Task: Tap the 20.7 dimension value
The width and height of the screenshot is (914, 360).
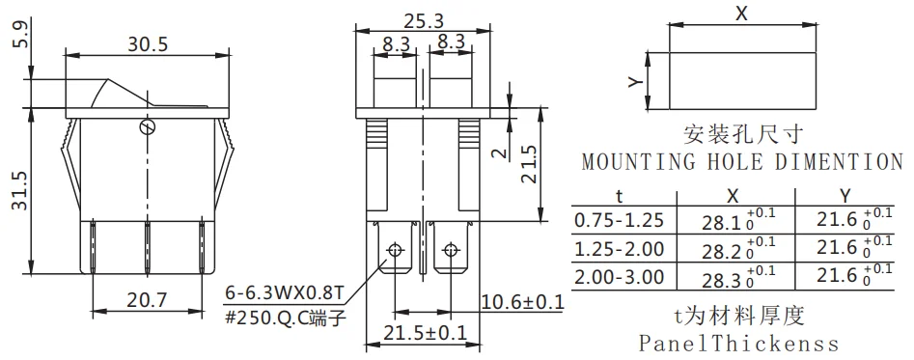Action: [x=147, y=301]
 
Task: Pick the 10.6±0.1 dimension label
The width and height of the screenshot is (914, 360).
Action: [x=522, y=301]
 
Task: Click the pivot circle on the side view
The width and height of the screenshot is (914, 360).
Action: [x=147, y=127]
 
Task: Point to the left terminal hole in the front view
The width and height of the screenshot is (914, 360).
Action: [x=394, y=252]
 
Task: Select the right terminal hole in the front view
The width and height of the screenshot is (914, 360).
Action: [x=449, y=252]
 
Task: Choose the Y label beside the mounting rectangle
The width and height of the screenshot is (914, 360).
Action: [x=635, y=82]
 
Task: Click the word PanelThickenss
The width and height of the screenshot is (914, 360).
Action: [x=739, y=343]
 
